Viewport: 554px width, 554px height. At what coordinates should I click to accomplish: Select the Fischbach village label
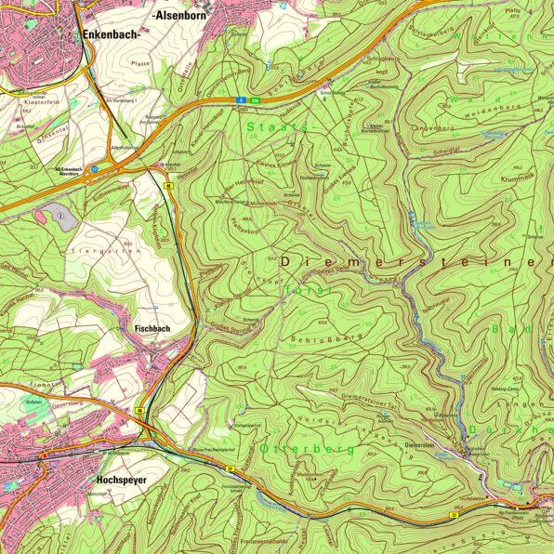pyautogui.click(x=152, y=328)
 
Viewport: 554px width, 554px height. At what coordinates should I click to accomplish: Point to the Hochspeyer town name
pyautogui.click(x=124, y=481)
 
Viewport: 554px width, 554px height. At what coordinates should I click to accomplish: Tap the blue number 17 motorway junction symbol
pyautogui.click(x=95, y=169)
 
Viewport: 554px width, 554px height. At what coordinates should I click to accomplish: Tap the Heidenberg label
pyautogui.click(x=510, y=114)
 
